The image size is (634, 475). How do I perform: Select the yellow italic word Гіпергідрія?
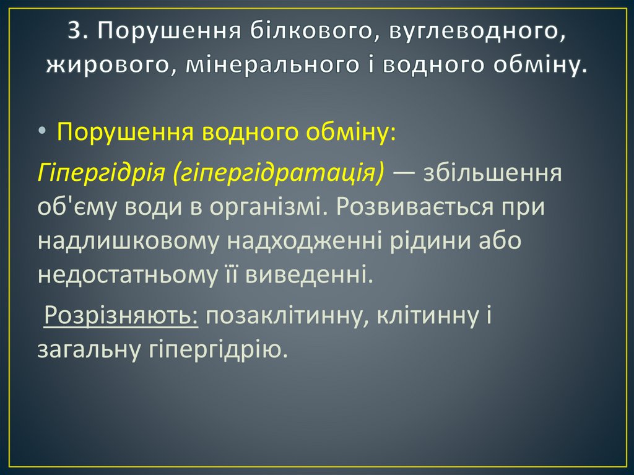[100, 173]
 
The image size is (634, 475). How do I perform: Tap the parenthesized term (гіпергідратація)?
[279, 173]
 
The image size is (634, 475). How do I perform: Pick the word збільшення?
[493, 173]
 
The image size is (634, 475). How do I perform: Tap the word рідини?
[412, 241]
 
